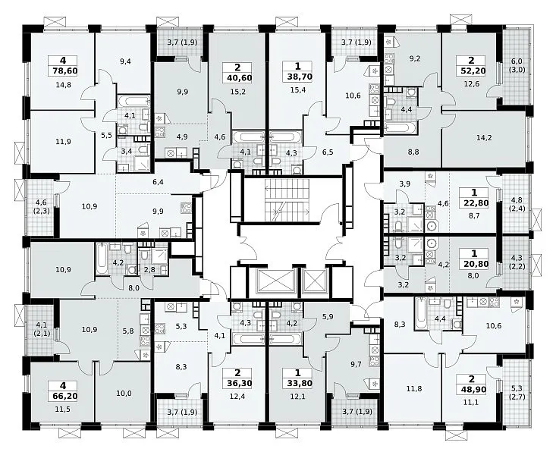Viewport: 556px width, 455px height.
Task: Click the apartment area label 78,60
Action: (x=63, y=71)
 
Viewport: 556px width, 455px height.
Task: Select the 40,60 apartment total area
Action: (x=237, y=77)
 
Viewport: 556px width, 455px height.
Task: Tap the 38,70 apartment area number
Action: (x=297, y=77)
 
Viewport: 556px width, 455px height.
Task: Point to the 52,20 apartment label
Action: (x=472, y=71)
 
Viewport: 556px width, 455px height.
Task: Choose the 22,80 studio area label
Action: (x=474, y=203)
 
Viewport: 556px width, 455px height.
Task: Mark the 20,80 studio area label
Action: (x=474, y=264)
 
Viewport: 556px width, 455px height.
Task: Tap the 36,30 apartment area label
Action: (x=237, y=384)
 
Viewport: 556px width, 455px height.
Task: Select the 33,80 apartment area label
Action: (x=297, y=384)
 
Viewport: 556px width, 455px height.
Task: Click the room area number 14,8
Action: (x=64, y=85)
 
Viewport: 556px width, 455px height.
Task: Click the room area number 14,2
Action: (x=484, y=138)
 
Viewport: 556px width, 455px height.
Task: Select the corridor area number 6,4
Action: (x=158, y=182)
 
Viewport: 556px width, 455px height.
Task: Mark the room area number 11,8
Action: (x=414, y=389)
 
